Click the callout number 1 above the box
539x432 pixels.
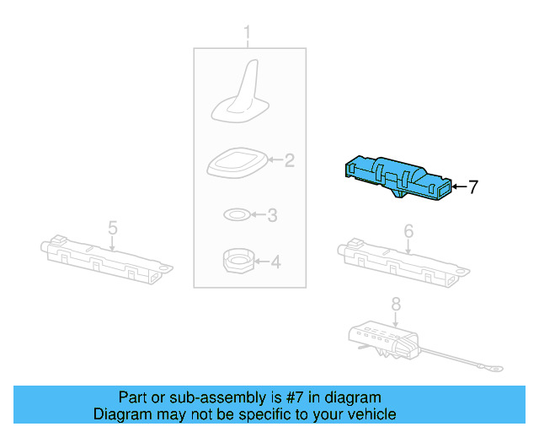248,34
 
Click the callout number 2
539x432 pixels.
289,159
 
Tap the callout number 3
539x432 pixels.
271,216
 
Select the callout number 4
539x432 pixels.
275,262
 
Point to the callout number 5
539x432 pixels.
112,227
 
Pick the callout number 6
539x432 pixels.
408,230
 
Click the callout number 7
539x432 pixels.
473,187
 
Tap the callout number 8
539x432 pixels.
396,305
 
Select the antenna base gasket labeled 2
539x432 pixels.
237,161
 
